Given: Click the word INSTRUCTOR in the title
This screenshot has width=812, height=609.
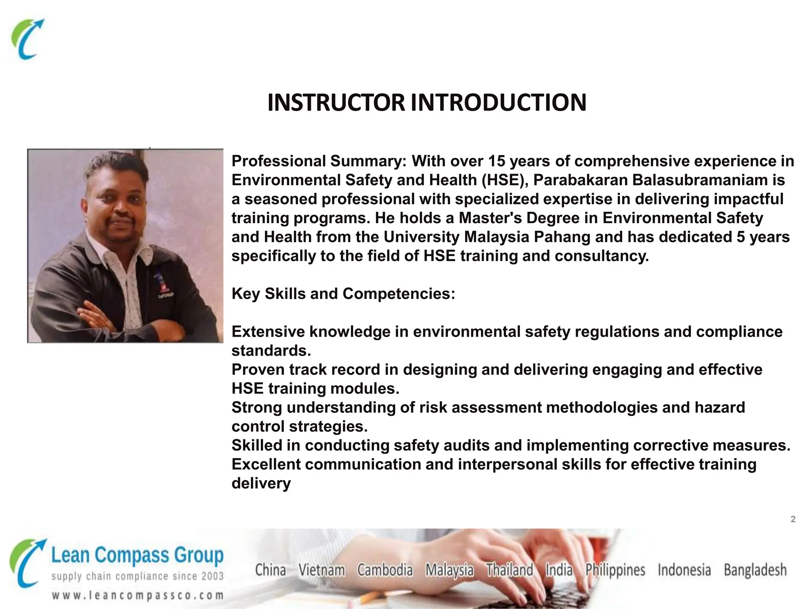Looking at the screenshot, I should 336,103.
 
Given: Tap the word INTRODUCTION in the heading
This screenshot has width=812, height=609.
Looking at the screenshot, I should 498,103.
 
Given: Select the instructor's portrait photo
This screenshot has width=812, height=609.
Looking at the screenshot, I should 125,245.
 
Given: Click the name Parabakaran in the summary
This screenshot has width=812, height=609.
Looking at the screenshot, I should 580,180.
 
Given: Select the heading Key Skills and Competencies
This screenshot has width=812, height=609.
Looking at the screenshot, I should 343,294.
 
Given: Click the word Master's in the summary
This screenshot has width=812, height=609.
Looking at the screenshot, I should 488,218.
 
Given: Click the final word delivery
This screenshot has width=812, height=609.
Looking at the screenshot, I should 261,483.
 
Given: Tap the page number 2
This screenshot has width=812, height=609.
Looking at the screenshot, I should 793,519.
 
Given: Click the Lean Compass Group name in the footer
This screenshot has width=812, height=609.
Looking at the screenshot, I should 137,555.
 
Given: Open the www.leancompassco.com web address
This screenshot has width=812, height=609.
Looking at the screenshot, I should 137,596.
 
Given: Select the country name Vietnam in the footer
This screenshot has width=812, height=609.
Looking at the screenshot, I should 322,570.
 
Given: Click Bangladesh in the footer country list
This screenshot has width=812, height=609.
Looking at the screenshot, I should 755,570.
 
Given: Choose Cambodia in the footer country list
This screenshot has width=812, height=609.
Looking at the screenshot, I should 385,570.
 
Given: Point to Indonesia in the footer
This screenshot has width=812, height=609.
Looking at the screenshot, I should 684,570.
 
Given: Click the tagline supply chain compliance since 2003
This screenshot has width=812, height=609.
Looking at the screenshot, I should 137,576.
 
